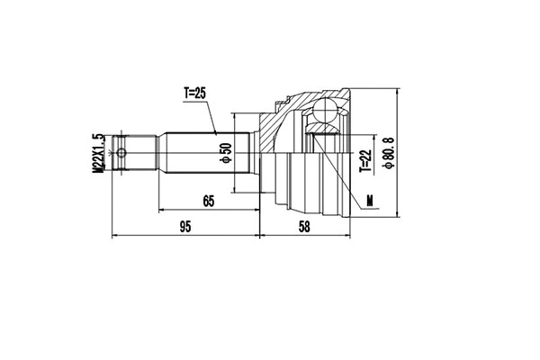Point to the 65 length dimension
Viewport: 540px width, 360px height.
tap(208, 202)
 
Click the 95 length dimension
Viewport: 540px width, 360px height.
tap(184, 228)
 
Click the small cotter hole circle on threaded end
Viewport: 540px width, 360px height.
tap(125, 152)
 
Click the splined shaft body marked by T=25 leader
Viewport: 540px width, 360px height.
tap(193, 152)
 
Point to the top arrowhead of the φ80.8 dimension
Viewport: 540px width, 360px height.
tap(396, 91)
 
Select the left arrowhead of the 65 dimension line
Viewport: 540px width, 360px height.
tap(162, 211)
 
